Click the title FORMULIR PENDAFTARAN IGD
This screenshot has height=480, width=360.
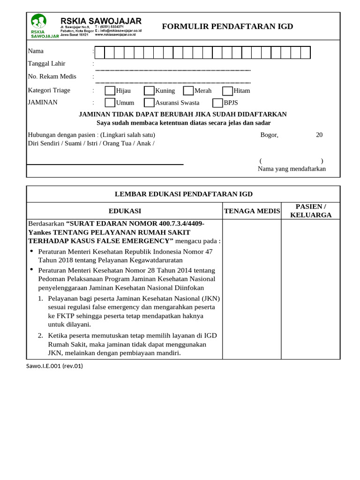tap(227, 26)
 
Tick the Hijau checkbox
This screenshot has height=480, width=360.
tap(109, 90)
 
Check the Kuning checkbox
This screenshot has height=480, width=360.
tap(149, 90)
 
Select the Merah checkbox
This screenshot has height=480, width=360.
tap(188, 90)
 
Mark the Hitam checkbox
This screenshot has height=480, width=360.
tap(227, 90)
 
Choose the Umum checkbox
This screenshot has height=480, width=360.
tap(109, 103)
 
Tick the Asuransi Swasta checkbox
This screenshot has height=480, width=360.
tap(149, 103)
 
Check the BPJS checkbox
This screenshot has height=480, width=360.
tap(217, 103)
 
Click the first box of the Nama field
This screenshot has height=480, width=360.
tap(99, 52)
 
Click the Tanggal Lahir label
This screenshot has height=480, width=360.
tap(47, 64)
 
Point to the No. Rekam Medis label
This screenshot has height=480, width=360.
tap(52, 76)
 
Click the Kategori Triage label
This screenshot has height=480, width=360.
tap(49, 90)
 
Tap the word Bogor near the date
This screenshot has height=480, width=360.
tap(269, 135)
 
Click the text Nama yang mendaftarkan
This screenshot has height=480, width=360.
tap(292, 169)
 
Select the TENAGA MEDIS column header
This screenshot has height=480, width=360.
tap(252, 211)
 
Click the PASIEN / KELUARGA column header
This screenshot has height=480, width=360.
tap(310, 211)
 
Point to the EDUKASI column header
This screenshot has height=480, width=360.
tap(125, 211)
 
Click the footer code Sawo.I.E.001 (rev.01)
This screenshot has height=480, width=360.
tap(54, 366)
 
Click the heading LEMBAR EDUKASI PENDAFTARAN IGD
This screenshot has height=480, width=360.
tap(184, 194)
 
